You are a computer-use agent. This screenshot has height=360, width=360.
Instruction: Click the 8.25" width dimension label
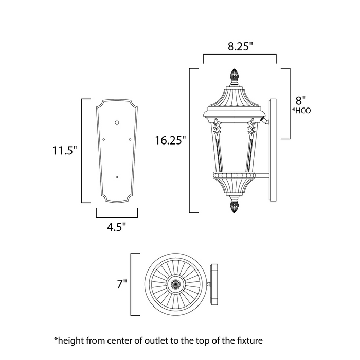coord(240,46)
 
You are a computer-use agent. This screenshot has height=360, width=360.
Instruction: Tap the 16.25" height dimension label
coord(169,140)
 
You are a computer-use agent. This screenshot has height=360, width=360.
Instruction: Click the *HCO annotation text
coord(302,110)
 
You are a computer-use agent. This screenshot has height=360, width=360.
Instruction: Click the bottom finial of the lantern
coord(235,207)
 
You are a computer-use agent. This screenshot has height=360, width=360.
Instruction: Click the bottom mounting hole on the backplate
coord(118,177)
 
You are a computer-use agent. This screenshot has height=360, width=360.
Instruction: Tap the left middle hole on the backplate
coord(104,139)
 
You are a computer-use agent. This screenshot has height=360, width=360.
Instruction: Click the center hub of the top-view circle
coord(175,283)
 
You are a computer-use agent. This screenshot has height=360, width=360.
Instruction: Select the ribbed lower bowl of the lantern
coord(235,184)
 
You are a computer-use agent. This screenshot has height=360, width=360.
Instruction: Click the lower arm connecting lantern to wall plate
coord(263,177)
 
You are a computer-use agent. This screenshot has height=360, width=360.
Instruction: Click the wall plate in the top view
coord(214,283)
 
